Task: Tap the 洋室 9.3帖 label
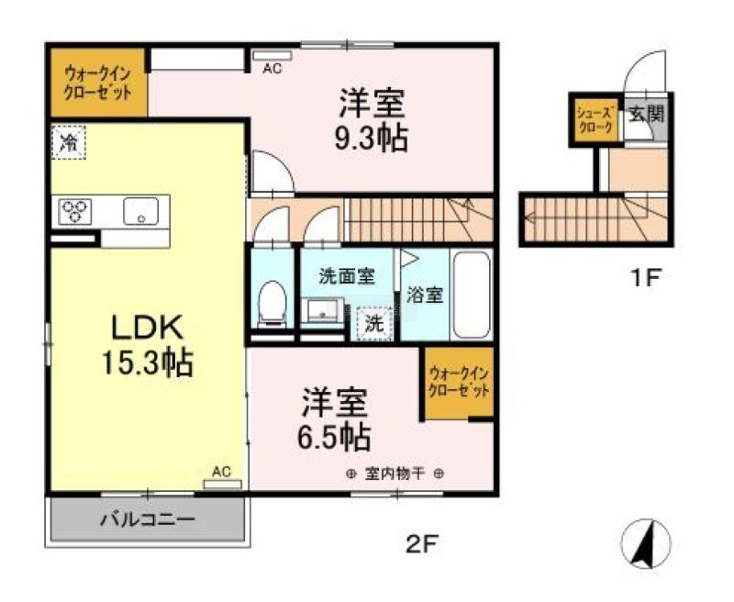click(x=372, y=120)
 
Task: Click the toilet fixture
click(x=272, y=303)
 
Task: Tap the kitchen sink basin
click(x=141, y=211)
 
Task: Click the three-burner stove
click(x=75, y=211)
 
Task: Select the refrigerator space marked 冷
click(x=68, y=142)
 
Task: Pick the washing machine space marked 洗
click(x=373, y=323)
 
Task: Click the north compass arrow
click(x=646, y=543)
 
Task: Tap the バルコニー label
click(x=147, y=519)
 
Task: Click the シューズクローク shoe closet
click(x=595, y=120)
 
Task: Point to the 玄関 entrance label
click(x=647, y=113)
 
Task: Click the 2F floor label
click(x=422, y=544)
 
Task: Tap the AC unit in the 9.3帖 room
click(x=272, y=56)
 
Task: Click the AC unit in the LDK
click(x=222, y=484)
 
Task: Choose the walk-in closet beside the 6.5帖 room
click(x=460, y=383)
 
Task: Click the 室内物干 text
click(x=395, y=474)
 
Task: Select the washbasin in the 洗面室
click(x=323, y=310)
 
